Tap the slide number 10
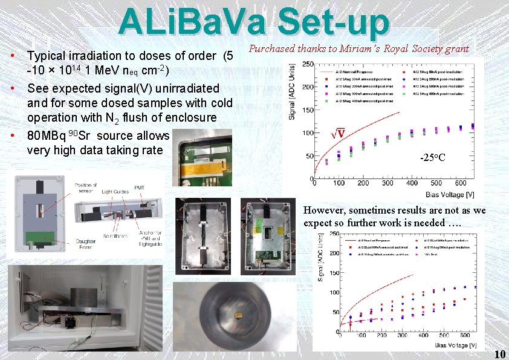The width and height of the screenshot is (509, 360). (x=500, y=354)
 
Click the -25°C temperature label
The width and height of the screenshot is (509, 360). (x=432, y=158)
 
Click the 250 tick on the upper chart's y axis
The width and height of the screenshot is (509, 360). (x=306, y=64)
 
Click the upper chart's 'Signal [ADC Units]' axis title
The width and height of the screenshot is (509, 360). (x=292, y=97)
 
